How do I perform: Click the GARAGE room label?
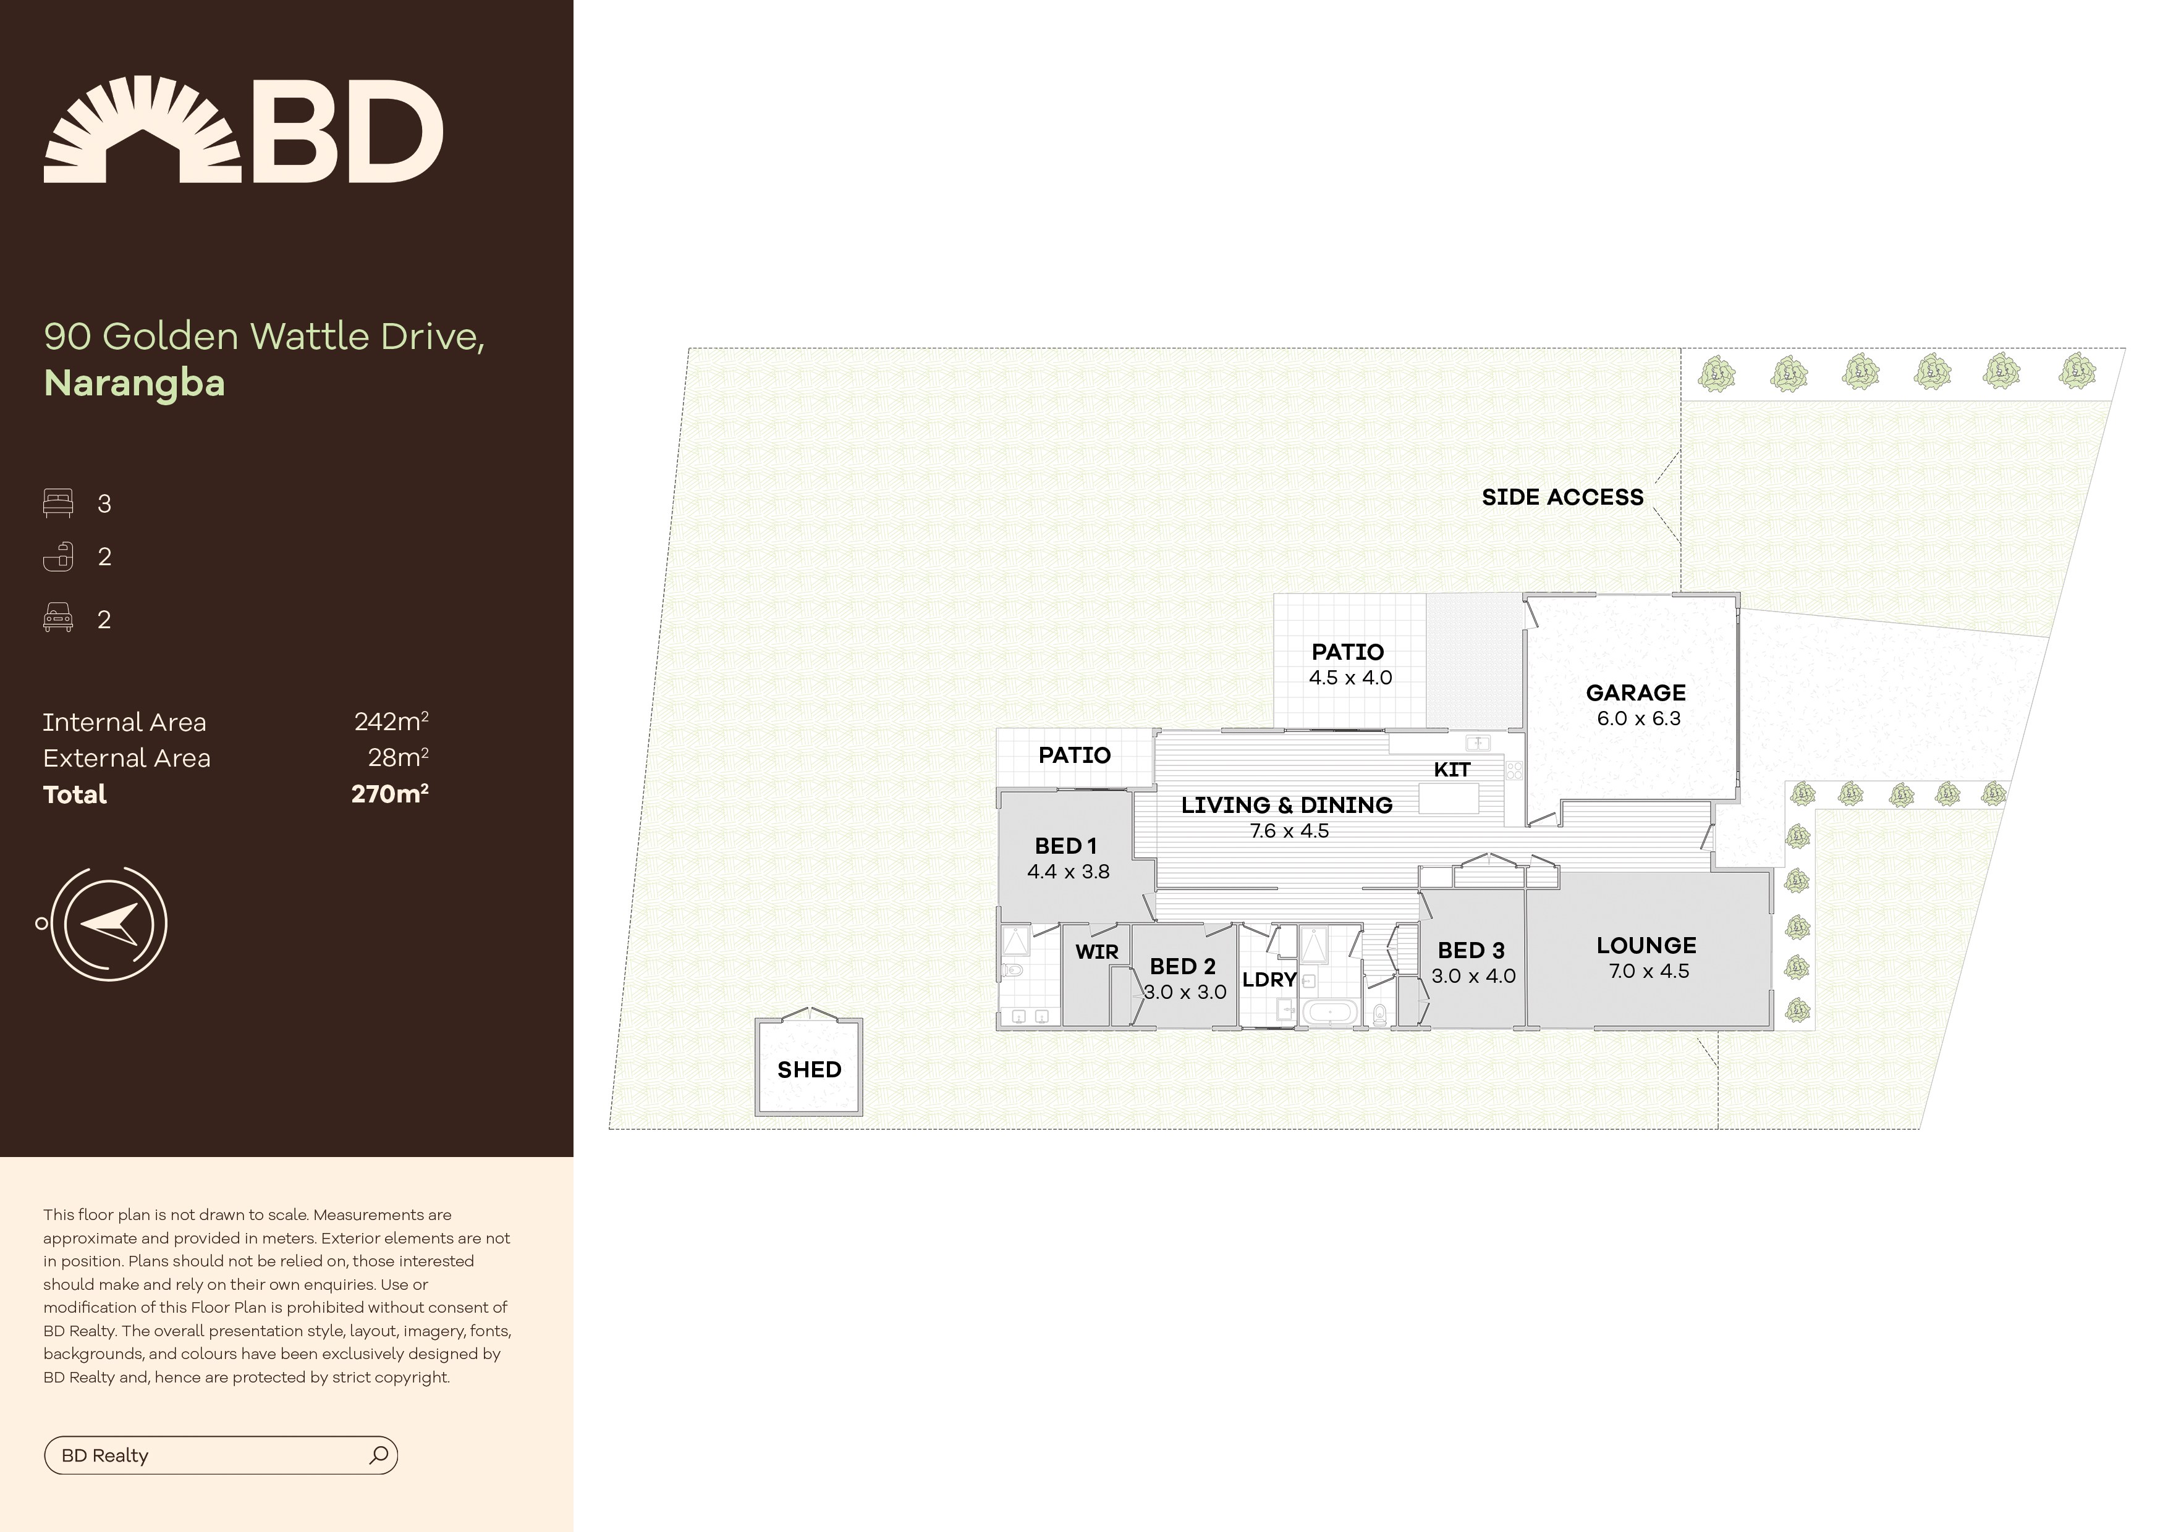pos(1635,693)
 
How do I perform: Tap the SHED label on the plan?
pos(809,1069)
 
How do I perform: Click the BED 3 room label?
pos(1471,951)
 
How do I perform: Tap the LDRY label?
pos(1269,980)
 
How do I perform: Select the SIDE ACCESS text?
pos(1562,497)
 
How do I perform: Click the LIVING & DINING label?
pos(1286,805)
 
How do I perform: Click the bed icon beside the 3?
pos(57,503)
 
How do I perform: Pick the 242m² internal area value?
pos(391,722)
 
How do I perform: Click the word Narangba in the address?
pos(134,383)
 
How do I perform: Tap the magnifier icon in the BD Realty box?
pos(379,1455)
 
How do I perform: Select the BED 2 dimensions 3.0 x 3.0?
pos(1185,992)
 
